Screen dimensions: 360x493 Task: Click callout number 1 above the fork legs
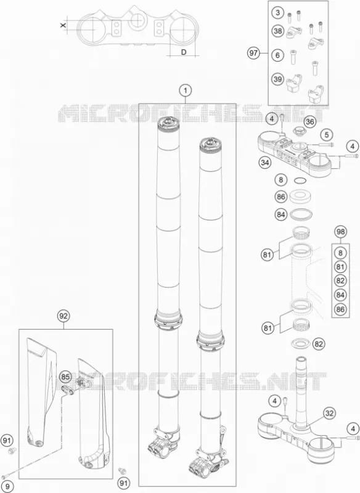click(186, 91)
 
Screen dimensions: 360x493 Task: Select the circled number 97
click(253, 53)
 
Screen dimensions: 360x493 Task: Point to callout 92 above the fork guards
click(63, 316)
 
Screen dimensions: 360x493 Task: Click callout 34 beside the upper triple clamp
click(265, 163)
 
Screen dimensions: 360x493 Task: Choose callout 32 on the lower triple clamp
click(329, 413)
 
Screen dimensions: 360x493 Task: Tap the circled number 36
click(310, 121)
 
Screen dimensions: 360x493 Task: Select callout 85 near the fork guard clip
click(65, 376)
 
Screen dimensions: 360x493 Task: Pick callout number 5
click(327, 135)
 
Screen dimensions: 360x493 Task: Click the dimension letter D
click(184, 52)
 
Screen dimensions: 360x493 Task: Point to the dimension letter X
click(63, 25)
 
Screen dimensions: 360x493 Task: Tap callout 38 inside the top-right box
click(277, 31)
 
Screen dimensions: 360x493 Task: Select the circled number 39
click(277, 79)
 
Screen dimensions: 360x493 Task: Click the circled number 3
click(277, 12)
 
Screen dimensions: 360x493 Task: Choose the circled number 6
click(277, 55)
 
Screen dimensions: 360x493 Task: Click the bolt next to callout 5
click(325, 145)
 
